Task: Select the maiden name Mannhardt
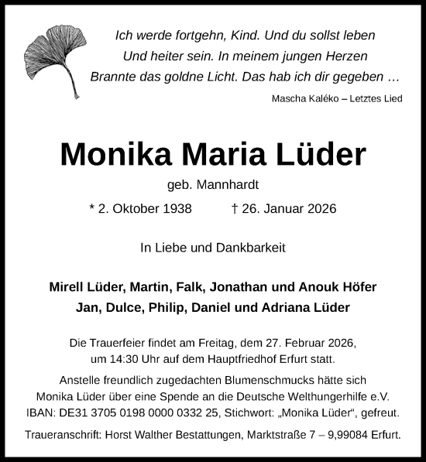(x=229, y=186)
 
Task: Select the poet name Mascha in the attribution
(x=289, y=98)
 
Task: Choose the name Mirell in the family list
(x=67, y=286)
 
